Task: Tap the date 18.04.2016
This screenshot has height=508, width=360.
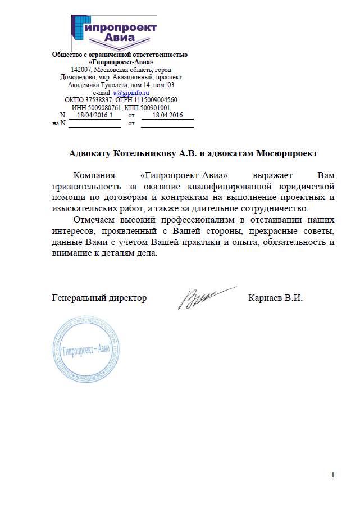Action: coord(167,115)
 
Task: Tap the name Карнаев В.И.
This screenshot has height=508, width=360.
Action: coord(275,297)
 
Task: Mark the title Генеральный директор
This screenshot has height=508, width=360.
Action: coord(99,297)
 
